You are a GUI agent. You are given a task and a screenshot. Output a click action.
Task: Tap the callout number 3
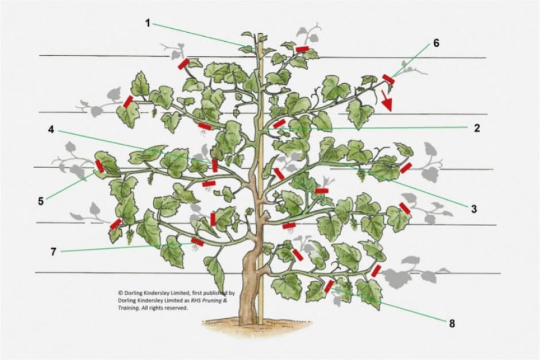point(474,210)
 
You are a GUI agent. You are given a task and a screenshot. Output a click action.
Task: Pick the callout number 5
point(41,201)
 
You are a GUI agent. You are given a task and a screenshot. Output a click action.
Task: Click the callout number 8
point(452,323)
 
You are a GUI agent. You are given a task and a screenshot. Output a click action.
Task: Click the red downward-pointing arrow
point(388,101)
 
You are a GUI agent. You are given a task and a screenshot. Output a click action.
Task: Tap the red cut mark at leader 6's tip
point(388,78)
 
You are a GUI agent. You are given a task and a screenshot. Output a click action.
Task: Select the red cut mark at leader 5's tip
point(100,167)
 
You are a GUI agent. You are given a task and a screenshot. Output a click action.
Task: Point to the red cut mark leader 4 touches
point(214,165)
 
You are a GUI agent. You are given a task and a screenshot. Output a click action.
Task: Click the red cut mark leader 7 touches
point(197,242)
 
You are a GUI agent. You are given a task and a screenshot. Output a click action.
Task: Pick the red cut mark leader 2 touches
point(279,123)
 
